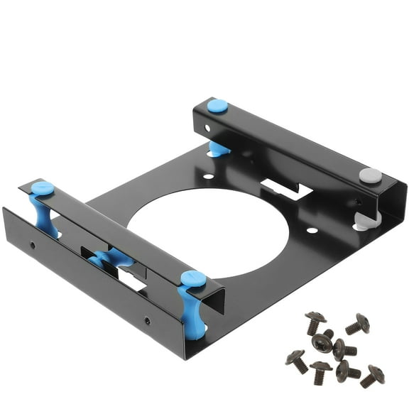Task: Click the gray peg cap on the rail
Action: pyautogui.click(x=370, y=175)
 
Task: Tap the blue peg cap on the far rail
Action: pyautogui.click(x=217, y=106)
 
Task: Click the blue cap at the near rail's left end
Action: pyautogui.click(x=43, y=188)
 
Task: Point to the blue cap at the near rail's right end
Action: pyautogui.click(x=193, y=278)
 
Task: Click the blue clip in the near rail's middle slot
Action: pyautogui.click(x=110, y=258)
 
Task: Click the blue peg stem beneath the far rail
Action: pyautogui.click(x=217, y=148)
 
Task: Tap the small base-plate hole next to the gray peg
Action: pyautogui.click(x=312, y=230)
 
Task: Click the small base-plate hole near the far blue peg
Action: pyautogui.click(x=207, y=176)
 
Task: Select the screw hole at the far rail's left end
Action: pyautogui.click(x=207, y=129)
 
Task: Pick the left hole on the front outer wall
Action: pyautogui.click(x=32, y=245)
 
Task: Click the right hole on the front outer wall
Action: pyautogui.click(x=147, y=320)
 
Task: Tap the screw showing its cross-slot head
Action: pyautogui.click(x=322, y=342)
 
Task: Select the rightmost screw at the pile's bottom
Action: pyautogui.click(x=371, y=376)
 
